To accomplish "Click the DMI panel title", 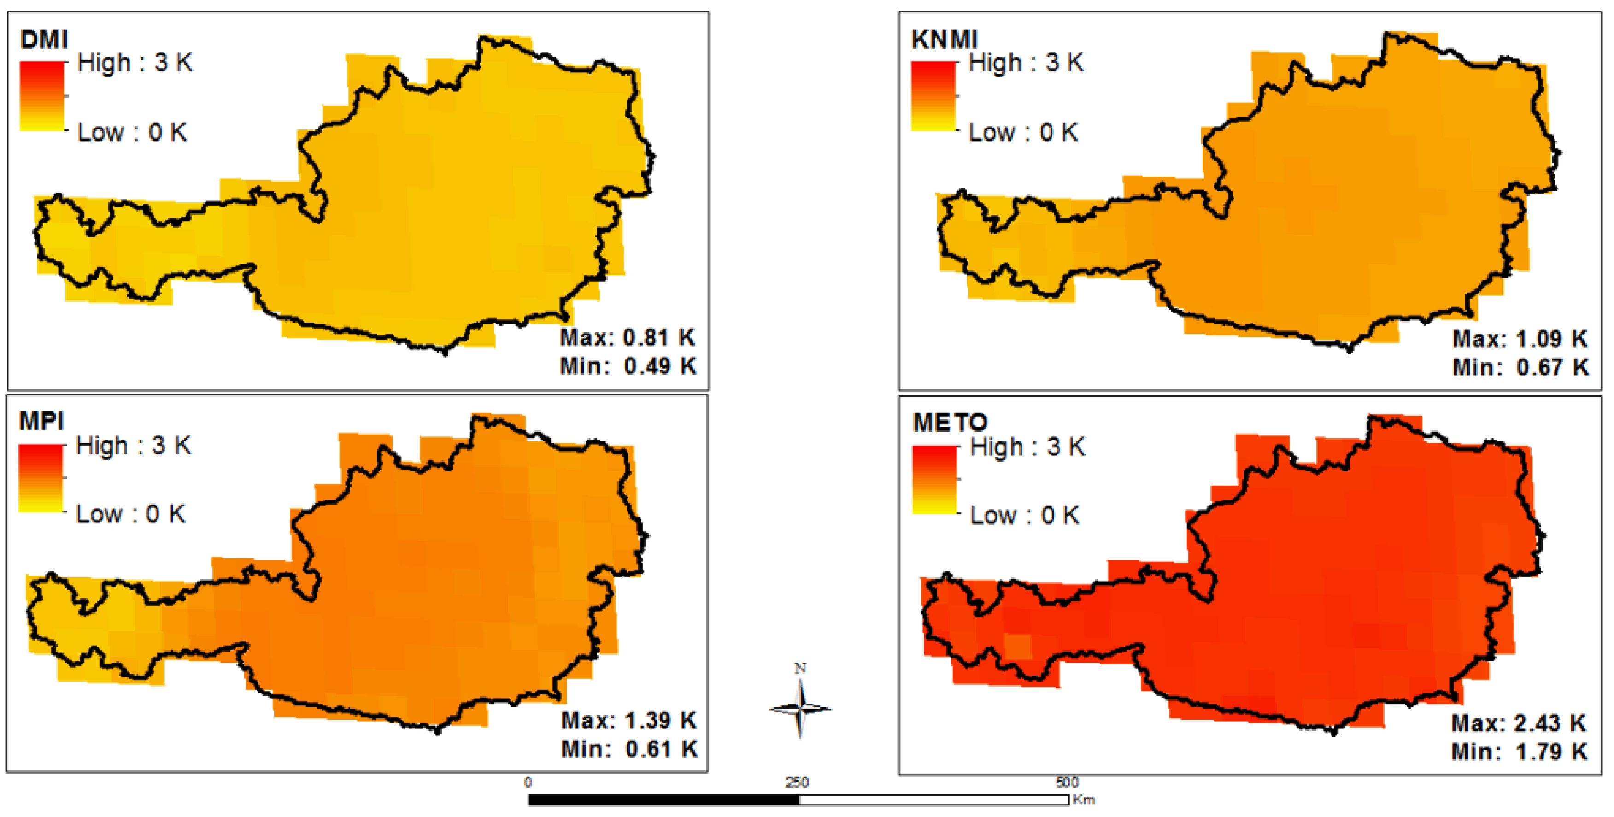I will coord(43,40).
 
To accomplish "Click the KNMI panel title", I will coord(944,40).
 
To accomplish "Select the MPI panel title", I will coord(41,421).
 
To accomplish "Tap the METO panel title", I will coord(950,423).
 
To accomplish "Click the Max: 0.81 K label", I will coord(627,338).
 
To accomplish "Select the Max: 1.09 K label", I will coord(1520,339).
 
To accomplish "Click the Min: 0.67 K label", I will coord(1520,367).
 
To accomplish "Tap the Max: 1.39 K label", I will coord(628,721).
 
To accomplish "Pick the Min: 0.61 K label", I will coord(629,749).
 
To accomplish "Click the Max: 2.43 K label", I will coord(1519,723).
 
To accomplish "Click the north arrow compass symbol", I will coord(800,708).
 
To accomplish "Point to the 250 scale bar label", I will coord(797,782).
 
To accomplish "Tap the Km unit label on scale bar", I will coord(1083,799).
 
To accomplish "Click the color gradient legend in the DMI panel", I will coord(42,96).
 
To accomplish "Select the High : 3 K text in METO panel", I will coord(1027,447).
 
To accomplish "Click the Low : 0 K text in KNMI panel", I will coord(1022,132).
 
